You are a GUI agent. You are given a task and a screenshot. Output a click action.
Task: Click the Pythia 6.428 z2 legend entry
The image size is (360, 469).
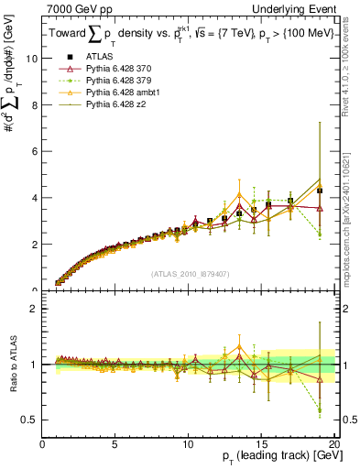pos(113,105)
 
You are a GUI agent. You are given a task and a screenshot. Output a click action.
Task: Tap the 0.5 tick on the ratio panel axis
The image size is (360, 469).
pos(28,420)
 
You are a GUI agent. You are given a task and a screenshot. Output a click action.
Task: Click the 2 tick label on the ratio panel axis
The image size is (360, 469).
pos(34,309)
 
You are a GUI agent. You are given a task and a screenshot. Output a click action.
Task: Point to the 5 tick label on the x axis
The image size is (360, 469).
pos(115,445)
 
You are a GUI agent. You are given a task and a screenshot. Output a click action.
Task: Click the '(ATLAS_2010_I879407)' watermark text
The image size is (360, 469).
pos(190,272)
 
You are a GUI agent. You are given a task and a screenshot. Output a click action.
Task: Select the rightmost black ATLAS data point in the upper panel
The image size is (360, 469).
pos(320,191)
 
